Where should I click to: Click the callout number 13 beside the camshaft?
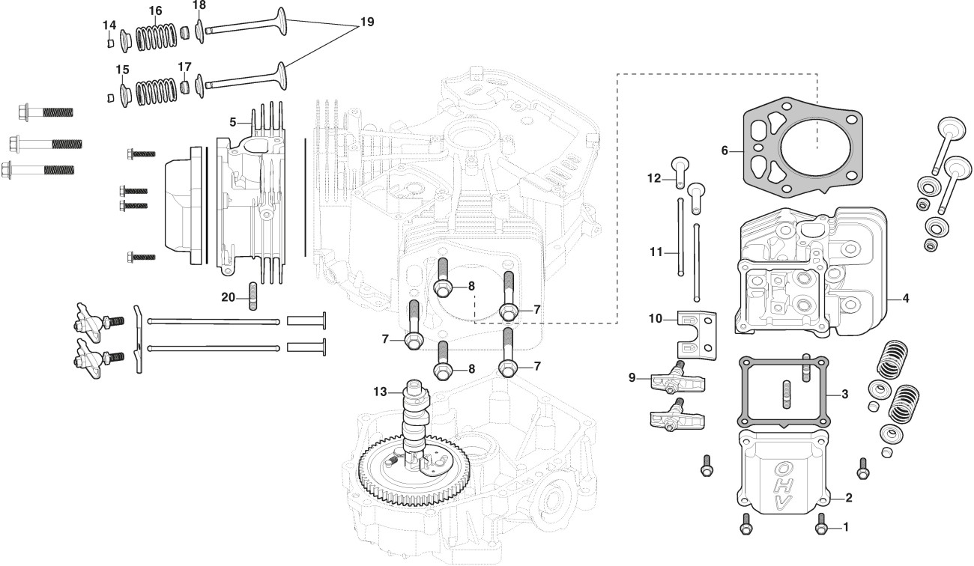[x=380, y=391]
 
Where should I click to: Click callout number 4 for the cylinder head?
[x=905, y=298]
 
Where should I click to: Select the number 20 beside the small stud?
[x=228, y=297]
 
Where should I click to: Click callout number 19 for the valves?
[x=366, y=22]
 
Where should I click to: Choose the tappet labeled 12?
[x=680, y=169]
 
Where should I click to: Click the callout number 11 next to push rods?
[x=656, y=252]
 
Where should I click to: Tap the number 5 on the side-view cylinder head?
[x=232, y=121]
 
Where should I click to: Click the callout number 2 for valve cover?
[x=848, y=497]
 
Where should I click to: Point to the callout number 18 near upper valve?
[x=199, y=5]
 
